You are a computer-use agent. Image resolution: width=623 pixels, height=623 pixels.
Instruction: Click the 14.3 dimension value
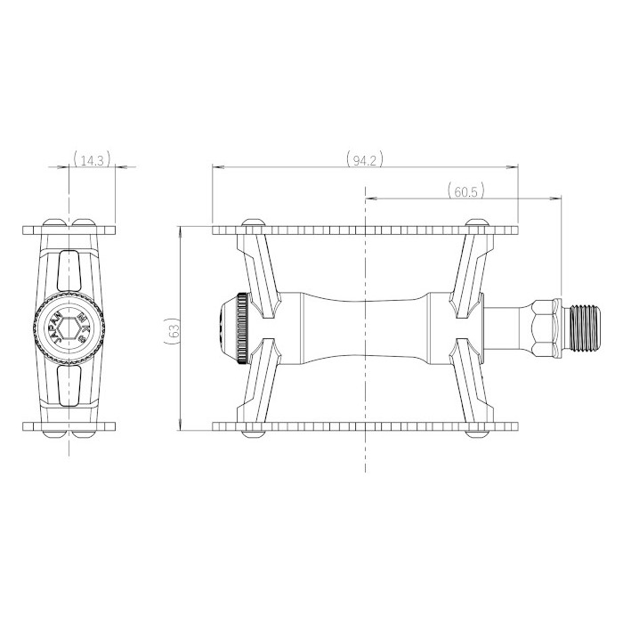pyautogui.click(x=92, y=161)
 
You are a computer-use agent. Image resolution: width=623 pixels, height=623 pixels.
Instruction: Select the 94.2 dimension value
pyautogui.click(x=364, y=160)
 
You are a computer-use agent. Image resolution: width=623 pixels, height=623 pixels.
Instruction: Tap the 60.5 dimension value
pyautogui.click(x=465, y=192)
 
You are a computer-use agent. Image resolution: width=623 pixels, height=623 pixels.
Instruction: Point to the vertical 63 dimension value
pyautogui.click(x=174, y=328)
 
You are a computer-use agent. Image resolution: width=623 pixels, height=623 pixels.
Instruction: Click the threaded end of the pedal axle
pyautogui.click(x=585, y=328)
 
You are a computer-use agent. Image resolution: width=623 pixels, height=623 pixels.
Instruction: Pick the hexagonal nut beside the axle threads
pyautogui.click(x=546, y=328)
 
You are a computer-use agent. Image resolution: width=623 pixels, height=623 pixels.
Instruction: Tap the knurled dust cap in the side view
pyautogui.click(x=242, y=328)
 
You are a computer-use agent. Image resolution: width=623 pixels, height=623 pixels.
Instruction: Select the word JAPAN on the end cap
pyautogui.click(x=55, y=328)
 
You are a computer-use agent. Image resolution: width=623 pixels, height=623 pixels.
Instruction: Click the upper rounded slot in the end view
pyautogui.click(x=69, y=271)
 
